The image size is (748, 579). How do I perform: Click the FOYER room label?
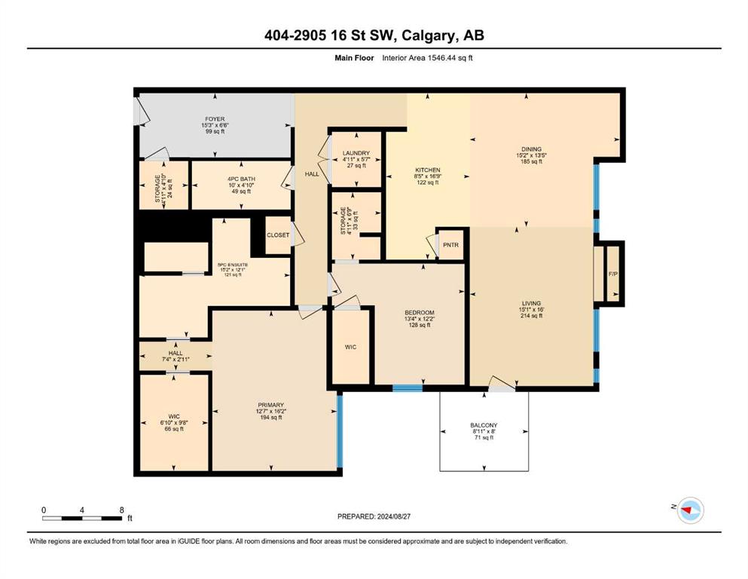pyautogui.click(x=215, y=119)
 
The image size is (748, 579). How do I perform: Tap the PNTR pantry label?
pyautogui.click(x=450, y=245)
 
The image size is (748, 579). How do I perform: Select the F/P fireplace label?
pyautogui.click(x=613, y=274)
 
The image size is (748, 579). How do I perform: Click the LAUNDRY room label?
pyautogui.click(x=356, y=153)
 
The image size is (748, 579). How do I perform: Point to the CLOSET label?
pyautogui.click(x=278, y=235)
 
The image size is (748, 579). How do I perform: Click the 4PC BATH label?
pyautogui.click(x=241, y=179)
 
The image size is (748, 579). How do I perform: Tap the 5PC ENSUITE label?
pyautogui.click(x=232, y=265)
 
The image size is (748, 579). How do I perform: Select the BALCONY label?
pyautogui.click(x=484, y=424)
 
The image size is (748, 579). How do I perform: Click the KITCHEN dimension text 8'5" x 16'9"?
pyautogui.click(x=427, y=176)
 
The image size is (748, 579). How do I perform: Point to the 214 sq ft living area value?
pyautogui.click(x=531, y=316)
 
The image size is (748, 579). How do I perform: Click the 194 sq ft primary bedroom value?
pyautogui.click(x=271, y=417)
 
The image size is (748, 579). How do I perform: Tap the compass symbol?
pyautogui.click(x=690, y=510)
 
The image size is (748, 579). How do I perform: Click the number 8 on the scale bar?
pyautogui.click(x=121, y=510)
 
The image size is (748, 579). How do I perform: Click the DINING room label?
pyautogui.click(x=531, y=149)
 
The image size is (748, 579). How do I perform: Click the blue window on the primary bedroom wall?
pyautogui.click(x=340, y=430)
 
